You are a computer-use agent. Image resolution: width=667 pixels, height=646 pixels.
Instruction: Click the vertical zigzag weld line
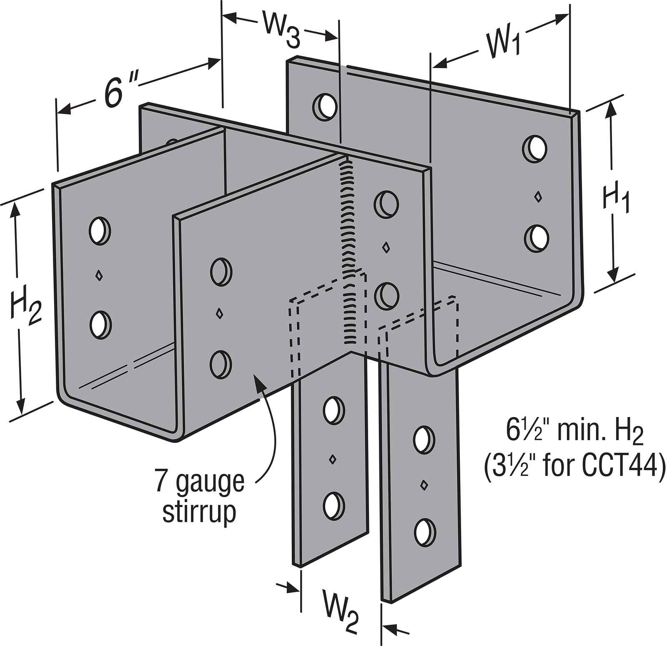(x=348, y=250)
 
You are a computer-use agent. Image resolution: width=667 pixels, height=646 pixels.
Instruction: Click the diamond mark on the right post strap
(x=424, y=485)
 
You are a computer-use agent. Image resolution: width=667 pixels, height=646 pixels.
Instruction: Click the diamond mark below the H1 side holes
(x=539, y=196)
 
